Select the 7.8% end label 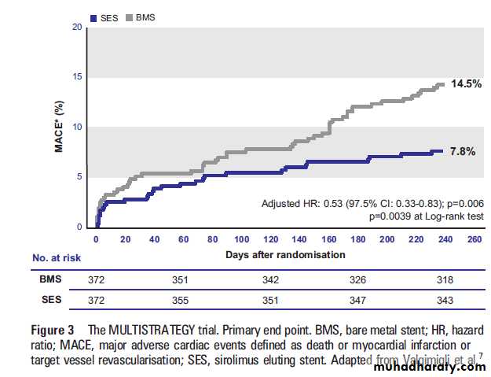click(x=462, y=151)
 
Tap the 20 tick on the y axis click(x=76, y=28)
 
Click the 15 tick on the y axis click(x=76, y=78)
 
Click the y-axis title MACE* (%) click(x=59, y=127)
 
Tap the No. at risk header click(x=56, y=257)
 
